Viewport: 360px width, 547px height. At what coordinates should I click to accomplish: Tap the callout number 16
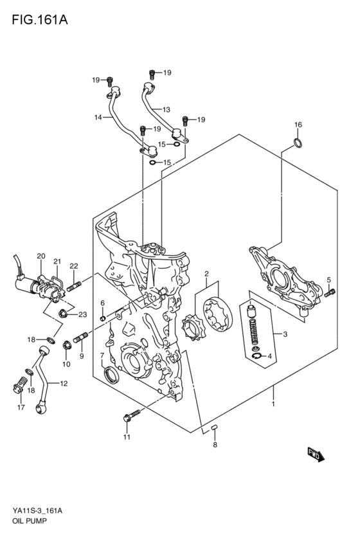point(298,124)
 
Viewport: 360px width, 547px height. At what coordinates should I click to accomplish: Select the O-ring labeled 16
point(297,143)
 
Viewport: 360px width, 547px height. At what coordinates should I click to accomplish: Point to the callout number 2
point(207,274)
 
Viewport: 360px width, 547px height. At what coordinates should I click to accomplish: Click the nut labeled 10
point(66,347)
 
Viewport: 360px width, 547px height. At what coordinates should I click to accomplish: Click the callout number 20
point(41,256)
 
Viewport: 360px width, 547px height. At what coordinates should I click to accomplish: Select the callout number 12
point(63,384)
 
